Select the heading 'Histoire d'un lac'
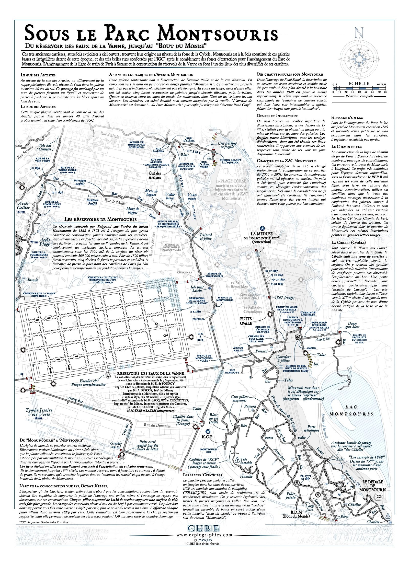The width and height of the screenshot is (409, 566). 347,118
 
